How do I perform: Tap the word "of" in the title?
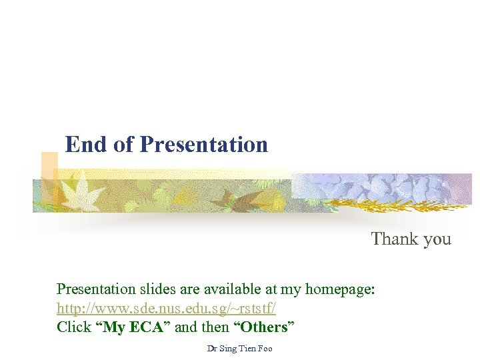(123, 144)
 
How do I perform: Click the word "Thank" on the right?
(393, 239)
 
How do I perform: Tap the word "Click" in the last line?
(74, 327)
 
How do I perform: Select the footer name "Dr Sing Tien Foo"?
(240, 349)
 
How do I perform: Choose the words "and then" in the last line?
(202, 327)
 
